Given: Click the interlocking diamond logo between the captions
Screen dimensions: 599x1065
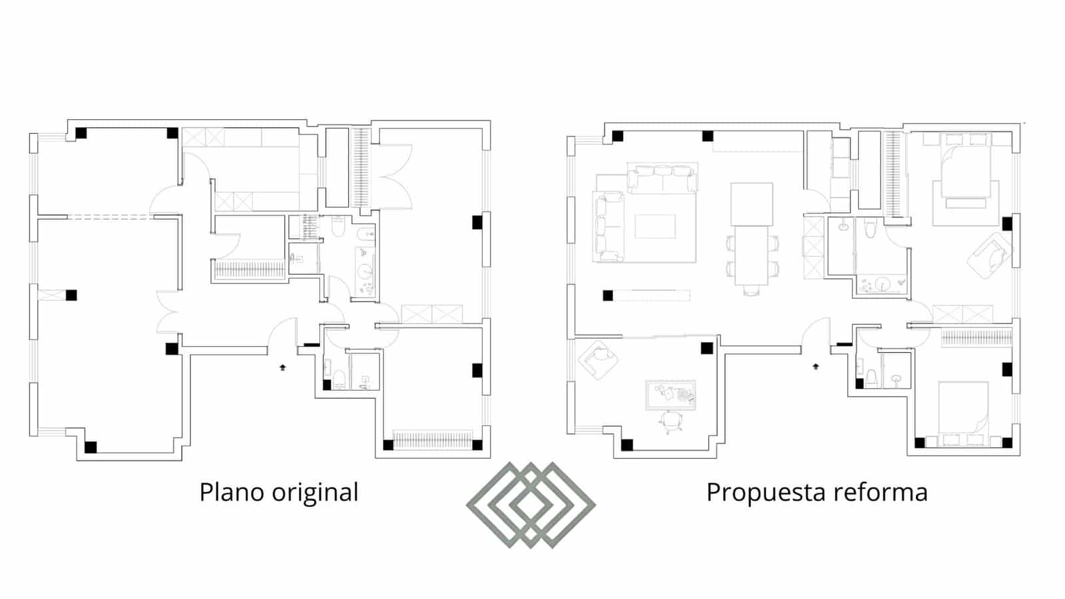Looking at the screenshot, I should [x=531, y=504].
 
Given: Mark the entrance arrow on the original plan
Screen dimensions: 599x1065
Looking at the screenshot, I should [x=283, y=367].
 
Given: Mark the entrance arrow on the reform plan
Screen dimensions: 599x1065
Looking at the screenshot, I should [x=816, y=366].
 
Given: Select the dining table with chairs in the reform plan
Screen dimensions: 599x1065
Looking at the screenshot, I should [x=751, y=256].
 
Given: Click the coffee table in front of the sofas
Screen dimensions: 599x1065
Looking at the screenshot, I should [x=655, y=226].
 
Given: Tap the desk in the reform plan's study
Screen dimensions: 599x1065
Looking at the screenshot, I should [x=670, y=395].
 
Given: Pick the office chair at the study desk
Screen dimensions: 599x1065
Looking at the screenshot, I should [x=671, y=421].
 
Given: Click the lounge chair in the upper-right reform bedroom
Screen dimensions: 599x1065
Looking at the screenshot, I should [x=992, y=256].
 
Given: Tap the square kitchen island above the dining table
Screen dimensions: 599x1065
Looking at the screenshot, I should [x=751, y=204].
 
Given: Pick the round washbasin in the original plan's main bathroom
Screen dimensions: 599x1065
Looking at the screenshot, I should [x=365, y=271].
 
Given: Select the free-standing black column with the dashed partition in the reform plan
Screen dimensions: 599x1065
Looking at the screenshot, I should [x=608, y=296].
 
